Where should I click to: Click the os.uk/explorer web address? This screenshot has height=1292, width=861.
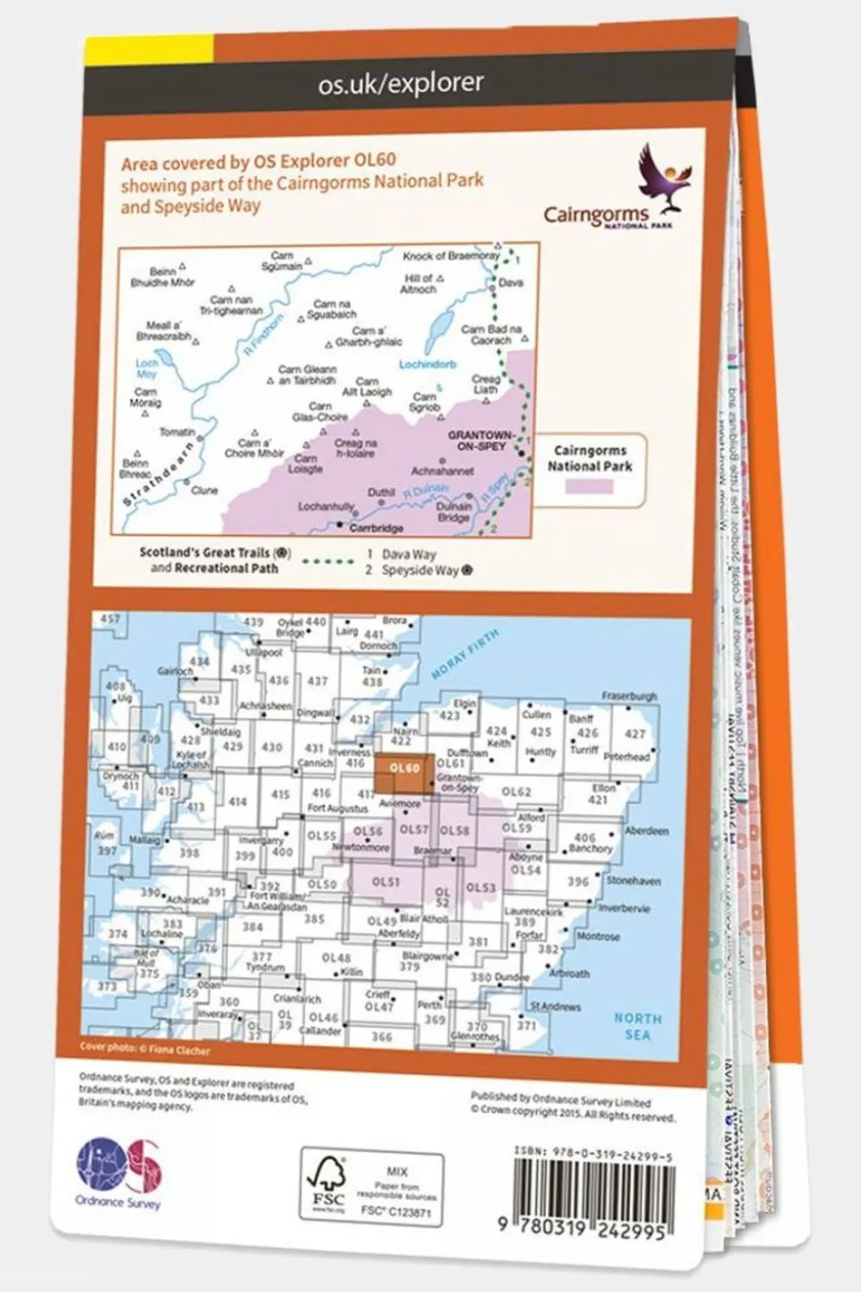pos(400,84)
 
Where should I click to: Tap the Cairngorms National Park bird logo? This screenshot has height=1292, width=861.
pos(665,174)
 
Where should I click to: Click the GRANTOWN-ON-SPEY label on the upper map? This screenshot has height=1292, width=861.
pos(477,440)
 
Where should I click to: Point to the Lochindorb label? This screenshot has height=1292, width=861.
pos(427,365)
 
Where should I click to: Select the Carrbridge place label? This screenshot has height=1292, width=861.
pos(375,529)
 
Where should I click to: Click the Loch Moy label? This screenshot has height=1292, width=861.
pos(146,368)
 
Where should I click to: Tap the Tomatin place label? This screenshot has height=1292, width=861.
pos(177,432)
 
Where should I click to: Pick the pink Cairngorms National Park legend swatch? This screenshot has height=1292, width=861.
pos(589,486)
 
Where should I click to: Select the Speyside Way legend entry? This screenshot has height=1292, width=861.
pos(419,570)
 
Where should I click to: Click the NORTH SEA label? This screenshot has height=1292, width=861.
pos(637,1026)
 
